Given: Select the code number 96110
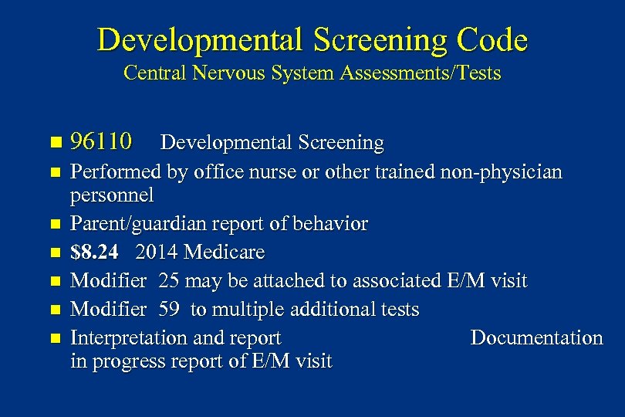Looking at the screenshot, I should [101, 142].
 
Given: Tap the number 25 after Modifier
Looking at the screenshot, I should [170, 281].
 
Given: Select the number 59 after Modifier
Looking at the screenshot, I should [170, 310].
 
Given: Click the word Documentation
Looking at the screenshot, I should [536, 337].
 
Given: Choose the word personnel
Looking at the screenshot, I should [113, 195].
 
